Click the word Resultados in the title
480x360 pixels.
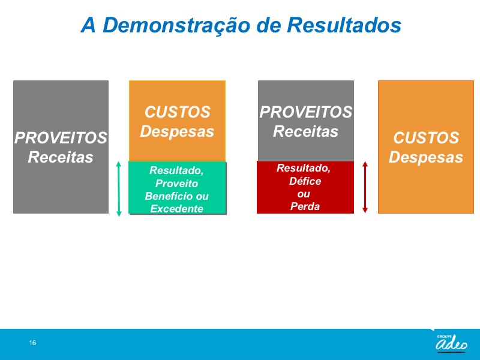point(344,25)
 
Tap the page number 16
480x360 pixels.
point(32,343)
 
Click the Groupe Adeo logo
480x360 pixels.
point(452,343)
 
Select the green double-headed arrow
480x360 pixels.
point(119,189)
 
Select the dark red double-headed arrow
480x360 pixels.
point(365,187)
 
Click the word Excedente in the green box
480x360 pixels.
point(176,209)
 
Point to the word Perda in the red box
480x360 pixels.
point(305,206)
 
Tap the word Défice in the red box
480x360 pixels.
point(305,181)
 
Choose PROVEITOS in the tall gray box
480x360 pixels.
point(61,138)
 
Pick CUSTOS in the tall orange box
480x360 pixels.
point(426,138)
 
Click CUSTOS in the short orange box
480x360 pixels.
point(177,112)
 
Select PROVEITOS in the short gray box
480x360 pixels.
point(306,112)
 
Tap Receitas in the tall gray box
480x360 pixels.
point(61,157)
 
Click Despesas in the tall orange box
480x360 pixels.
point(426,157)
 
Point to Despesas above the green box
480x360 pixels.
point(177,131)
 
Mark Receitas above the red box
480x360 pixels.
point(305,131)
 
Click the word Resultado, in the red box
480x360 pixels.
point(304,168)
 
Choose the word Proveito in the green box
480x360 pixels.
point(176,184)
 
